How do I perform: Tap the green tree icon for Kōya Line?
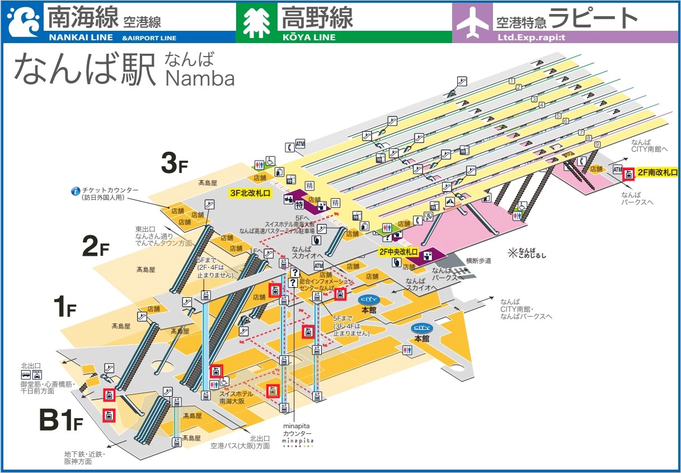[256, 23]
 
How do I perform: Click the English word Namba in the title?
[200, 78]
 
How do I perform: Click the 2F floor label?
[95, 247]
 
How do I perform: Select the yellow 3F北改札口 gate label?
[250, 193]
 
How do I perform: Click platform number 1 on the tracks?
[511, 81]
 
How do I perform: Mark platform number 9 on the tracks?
[597, 144]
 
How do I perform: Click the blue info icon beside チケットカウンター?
[76, 190]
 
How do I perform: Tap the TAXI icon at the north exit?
[37, 374]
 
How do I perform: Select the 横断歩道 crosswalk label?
[478, 261]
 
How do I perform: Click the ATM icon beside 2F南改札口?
[617, 169]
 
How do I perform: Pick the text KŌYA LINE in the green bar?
[307, 38]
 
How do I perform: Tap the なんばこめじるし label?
[526, 253]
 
